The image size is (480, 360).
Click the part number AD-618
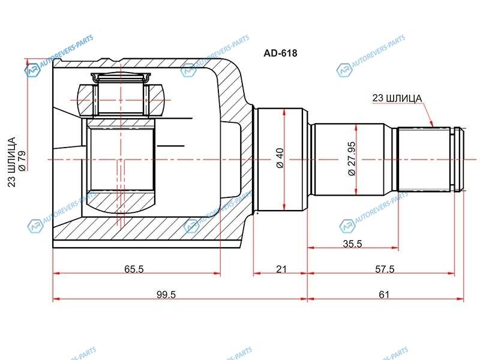click(280, 53)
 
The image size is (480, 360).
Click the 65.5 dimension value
click(134, 269)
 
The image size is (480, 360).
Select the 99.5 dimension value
click(166, 295)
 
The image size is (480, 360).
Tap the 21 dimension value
click(281, 269)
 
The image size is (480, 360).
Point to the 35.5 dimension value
click(352, 244)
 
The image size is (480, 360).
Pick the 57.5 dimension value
click(385, 269)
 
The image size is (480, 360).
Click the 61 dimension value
click(384, 295)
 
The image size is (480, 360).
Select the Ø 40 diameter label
click(280, 158)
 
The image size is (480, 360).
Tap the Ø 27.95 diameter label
click(352, 158)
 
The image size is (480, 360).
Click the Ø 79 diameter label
click(22, 160)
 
